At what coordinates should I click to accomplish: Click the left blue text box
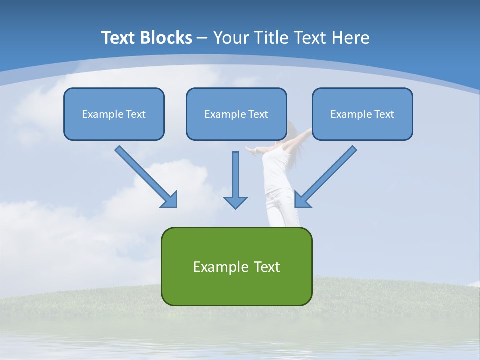click(114, 114)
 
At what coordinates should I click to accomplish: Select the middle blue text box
click(236, 114)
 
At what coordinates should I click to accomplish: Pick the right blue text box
click(362, 114)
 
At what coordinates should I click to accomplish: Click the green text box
click(236, 266)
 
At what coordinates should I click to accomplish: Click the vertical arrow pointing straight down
click(235, 175)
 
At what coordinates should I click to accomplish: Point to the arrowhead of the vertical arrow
click(235, 202)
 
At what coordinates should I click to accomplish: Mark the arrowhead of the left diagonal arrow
click(170, 200)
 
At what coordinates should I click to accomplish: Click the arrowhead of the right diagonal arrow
click(302, 200)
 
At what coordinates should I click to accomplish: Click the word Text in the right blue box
click(384, 114)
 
